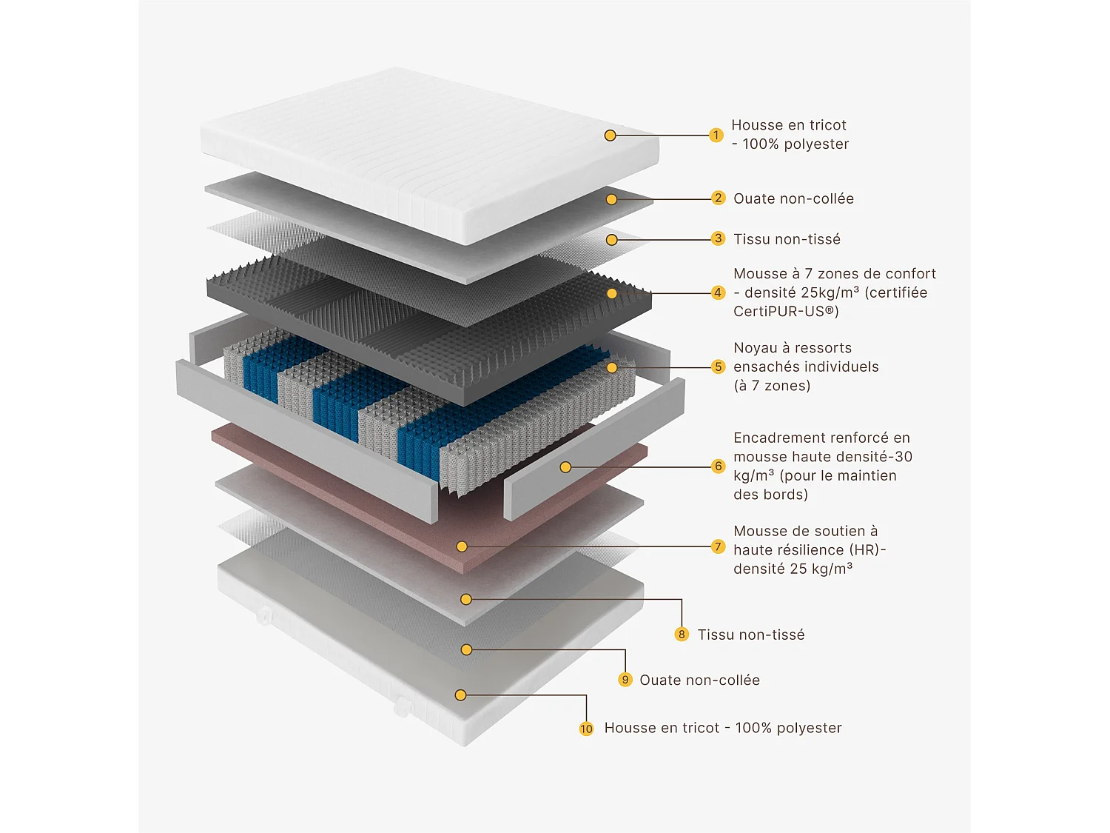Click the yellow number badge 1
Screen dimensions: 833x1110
716,135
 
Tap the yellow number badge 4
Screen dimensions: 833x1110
718,292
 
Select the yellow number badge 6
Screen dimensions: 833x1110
718,466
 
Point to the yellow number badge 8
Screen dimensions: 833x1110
682,635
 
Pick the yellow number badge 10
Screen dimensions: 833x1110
586,729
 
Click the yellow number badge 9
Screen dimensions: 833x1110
625,680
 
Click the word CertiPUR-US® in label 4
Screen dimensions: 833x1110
786,312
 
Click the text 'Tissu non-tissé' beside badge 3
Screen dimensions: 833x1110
787,239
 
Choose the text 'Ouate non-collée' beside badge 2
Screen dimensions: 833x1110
793,198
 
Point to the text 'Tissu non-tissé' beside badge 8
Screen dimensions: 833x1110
751,635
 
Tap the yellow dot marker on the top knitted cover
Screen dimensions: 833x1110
610,136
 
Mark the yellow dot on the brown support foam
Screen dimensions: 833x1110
462,546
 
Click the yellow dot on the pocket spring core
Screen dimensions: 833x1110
612,367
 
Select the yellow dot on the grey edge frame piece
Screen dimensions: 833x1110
565,467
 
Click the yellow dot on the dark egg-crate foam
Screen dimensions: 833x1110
612,293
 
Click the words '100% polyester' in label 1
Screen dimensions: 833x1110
795,144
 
